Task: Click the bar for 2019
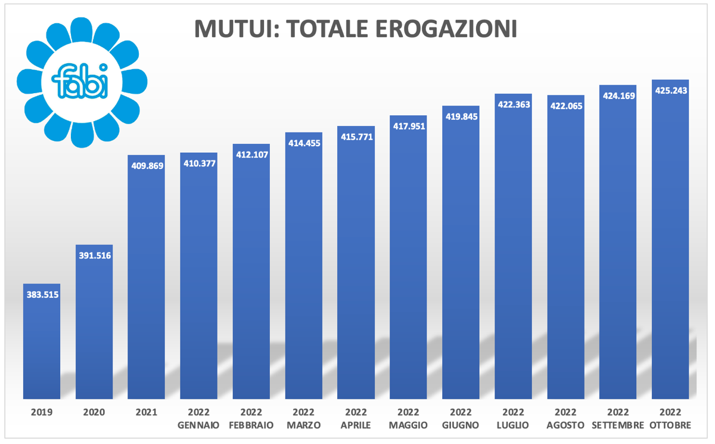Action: click(x=42, y=346)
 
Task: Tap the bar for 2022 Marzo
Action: click(x=303, y=269)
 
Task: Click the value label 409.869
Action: click(x=147, y=166)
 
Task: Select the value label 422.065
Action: click(x=566, y=106)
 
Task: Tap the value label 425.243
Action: click(x=671, y=91)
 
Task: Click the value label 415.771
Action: click(x=356, y=137)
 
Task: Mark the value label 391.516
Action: click(x=95, y=255)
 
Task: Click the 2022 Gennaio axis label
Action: click(x=198, y=420)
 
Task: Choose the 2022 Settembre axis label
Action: click(x=618, y=420)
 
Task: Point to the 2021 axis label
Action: click(x=147, y=412)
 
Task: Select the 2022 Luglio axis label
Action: click(x=513, y=420)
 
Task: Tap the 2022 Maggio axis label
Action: click(x=408, y=420)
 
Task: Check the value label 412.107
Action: click(x=251, y=155)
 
